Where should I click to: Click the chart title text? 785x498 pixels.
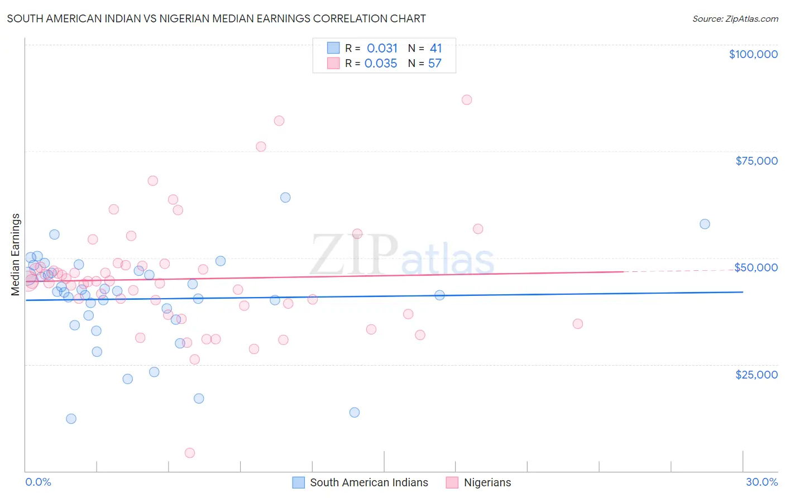216,18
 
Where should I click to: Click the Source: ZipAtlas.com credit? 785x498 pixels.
735,18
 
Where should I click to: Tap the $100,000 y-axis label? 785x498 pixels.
753,54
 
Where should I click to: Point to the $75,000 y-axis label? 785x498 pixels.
757,161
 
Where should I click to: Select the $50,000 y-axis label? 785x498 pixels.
756,267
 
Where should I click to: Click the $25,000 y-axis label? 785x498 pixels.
757,374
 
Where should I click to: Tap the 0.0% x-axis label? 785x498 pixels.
38,482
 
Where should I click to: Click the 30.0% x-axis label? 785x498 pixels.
762,482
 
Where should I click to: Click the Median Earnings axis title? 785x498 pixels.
16,254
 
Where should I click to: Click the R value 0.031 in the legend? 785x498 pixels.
382,49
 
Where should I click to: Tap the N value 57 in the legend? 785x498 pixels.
435,64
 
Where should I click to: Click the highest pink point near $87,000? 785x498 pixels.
467,100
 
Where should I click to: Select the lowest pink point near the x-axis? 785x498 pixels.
190,453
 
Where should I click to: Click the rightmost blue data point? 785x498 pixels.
705,224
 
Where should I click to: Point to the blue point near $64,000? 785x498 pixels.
285,198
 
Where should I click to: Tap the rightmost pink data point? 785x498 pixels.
578,324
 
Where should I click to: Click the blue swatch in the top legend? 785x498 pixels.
333,48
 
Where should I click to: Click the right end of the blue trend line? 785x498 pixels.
743,292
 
